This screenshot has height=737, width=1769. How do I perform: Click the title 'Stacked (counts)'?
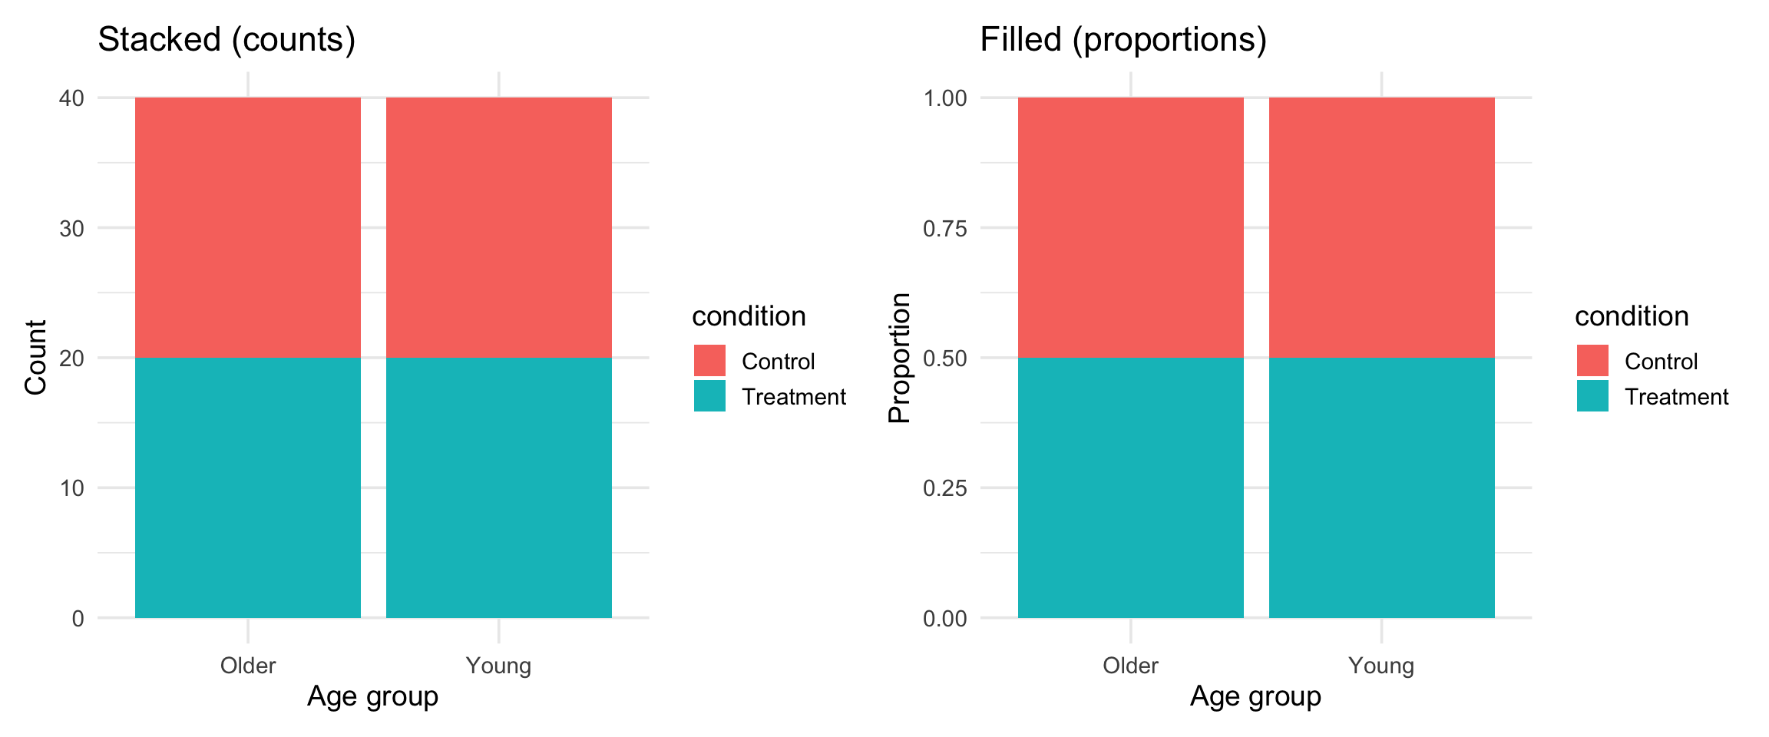pyautogui.click(x=226, y=40)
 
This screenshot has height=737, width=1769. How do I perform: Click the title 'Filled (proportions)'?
pyautogui.click(x=1123, y=40)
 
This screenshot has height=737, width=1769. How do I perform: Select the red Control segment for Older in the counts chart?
pyautogui.click(x=248, y=227)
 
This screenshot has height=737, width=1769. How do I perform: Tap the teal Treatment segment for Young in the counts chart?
pyautogui.click(x=499, y=487)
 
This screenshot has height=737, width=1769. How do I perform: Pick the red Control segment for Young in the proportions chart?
pyautogui.click(x=1381, y=227)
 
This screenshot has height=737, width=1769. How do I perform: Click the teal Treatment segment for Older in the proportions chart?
pyautogui.click(x=1130, y=487)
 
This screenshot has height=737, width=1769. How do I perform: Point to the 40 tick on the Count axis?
pyautogui.click(x=71, y=98)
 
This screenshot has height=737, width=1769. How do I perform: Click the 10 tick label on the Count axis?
pyautogui.click(x=71, y=488)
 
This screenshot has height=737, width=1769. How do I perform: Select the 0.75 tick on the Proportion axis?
pyautogui.click(x=944, y=229)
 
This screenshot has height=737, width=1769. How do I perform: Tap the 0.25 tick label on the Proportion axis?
pyautogui.click(x=944, y=488)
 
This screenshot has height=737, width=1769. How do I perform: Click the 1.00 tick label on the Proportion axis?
pyautogui.click(x=944, y=98)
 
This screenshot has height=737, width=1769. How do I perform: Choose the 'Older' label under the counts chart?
pyautogui.click(x=248, y=665)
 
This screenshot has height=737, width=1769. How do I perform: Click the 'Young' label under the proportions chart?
pyautogui.click(x=1381, y=665)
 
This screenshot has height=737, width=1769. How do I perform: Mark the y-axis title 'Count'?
pyautogui.click(x=36, y=358)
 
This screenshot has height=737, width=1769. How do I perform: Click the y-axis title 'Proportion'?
pyautogui.click(x=899, y=358)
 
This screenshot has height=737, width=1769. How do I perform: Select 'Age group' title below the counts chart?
pyautogui.click(x=372, y=696)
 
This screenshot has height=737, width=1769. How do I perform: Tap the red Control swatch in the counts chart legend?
pyautogui.click(x=709, y=361)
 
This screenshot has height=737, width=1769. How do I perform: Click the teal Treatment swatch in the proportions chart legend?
pyautogui.click(x=1592, y=396)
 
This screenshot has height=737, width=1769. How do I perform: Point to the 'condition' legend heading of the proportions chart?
pyautogui.click(x=1632, y=316)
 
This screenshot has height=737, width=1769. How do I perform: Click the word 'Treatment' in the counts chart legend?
pyautogui.click(x=793, y=397)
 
